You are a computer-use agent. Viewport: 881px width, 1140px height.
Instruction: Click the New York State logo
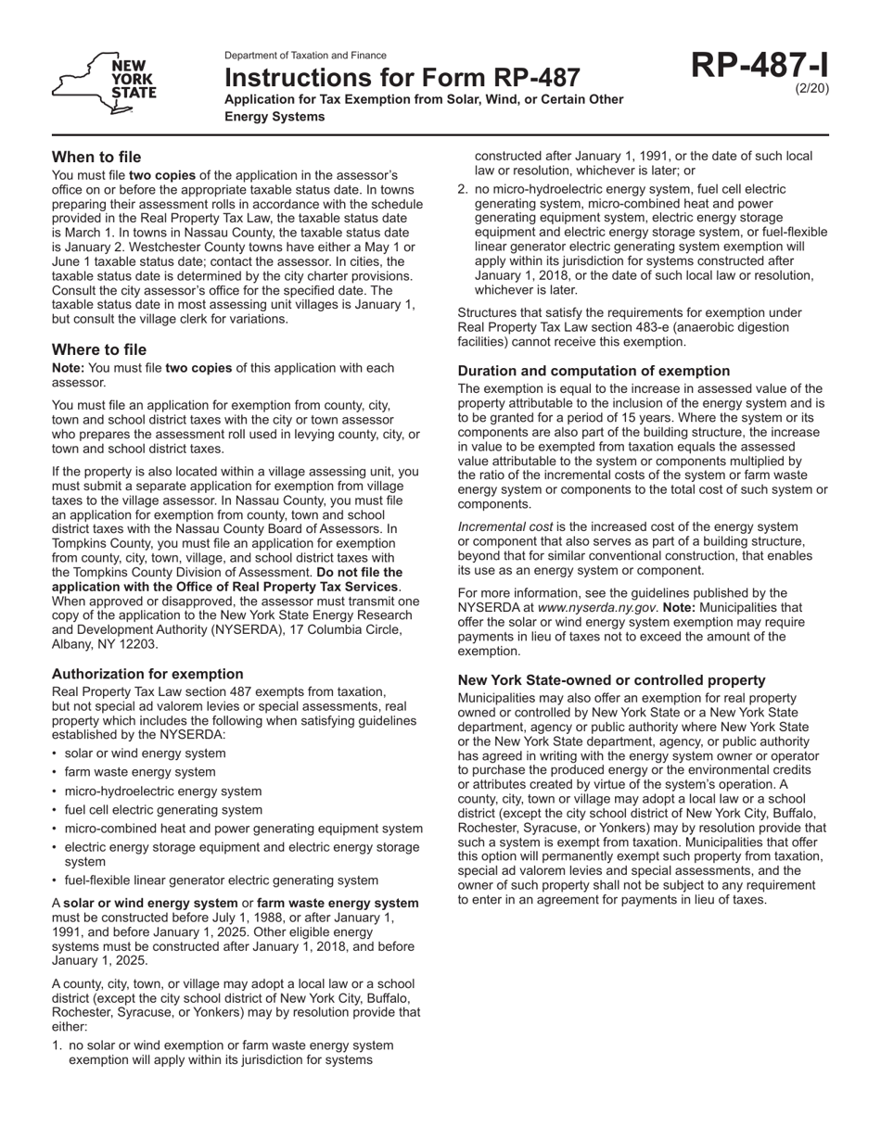click(105, 84)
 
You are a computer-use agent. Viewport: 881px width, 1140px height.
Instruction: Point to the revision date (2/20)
click(812, 89)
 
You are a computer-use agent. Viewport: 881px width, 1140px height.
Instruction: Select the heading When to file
click(96, 157)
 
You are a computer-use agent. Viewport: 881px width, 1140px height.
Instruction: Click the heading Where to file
click(99, 349)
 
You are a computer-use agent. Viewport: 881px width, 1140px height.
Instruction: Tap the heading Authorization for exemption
click(147, 674)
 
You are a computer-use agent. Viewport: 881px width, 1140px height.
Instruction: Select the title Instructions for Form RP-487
click(402, 77)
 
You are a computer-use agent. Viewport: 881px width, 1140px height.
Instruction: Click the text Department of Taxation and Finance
click(305, 56)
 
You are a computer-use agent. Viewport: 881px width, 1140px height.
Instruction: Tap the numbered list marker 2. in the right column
click(464, 188)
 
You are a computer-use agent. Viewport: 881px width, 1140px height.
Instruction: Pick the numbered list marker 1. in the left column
click(57, 1045)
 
